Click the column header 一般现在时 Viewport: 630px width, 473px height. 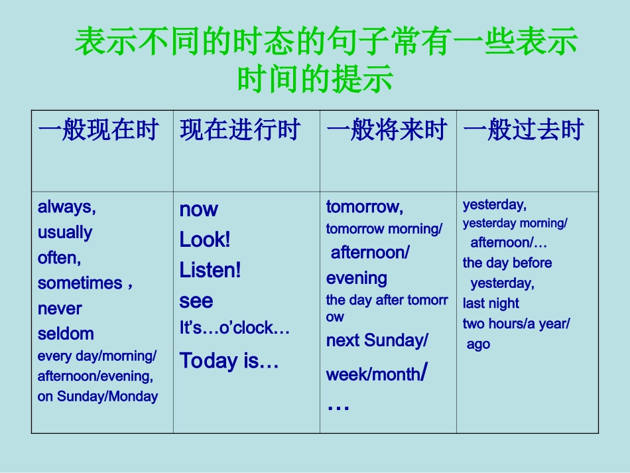click(x=98, y=130)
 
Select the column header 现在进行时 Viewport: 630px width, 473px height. click(x=240, y=130)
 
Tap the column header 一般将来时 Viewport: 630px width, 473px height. click(x=387, y=130)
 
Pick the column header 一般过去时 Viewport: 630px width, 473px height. click(x=523, y=130)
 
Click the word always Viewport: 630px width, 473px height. click(x=66, y=208)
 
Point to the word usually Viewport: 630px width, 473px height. click(x=65, y=233)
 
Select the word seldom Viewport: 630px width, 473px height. click(x=66, y=334)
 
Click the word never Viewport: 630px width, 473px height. click(x=60, y=308)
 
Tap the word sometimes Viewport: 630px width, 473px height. click(x=80, y=283)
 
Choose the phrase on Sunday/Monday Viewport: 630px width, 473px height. click(x=97, y=397)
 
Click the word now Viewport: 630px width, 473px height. click(x=198, y=210)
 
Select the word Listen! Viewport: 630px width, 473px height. click(x=210, y=271)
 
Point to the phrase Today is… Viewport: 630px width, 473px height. click(x=229, y=361)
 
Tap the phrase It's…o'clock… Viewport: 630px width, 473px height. click(x=234, y=328)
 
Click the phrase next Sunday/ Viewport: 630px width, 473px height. click(x=377, y=341)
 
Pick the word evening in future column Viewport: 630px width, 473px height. click(x=356, y=279)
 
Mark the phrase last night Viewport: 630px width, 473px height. click(x=491, y=304)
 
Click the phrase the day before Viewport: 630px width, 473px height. click(x=507, y=263)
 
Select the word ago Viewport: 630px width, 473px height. click(x=478, y=344)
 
